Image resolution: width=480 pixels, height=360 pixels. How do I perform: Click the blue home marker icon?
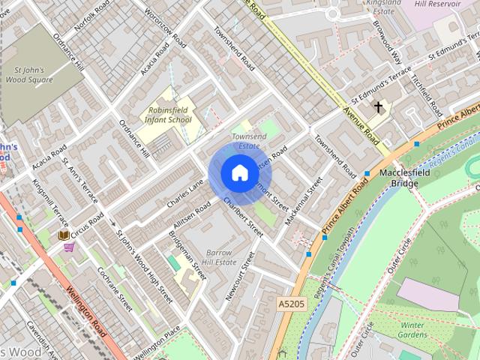click(x=239, y=173)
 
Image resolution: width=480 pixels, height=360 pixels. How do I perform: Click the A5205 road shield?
click(x=291, y=304)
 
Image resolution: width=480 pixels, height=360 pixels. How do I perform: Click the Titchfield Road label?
click(x=430, y=98)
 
